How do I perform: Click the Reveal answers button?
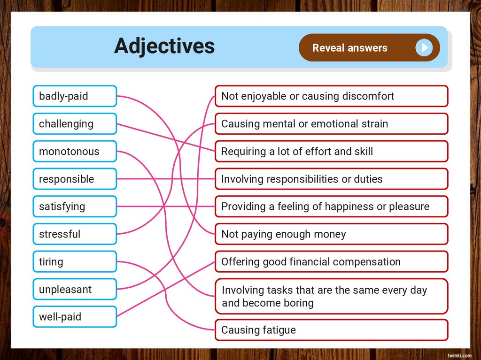(350, 48)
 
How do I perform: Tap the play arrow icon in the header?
(424, 47)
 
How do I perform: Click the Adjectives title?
(164, 46)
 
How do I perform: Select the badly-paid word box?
(75, 96)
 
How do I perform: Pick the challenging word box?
(75, 124)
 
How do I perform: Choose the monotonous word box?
(75, 152)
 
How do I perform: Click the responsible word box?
(75, 179)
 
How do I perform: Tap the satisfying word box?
(75, 207)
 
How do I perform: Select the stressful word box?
(75, 234)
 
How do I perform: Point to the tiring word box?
(75, 262)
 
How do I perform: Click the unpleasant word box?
(75, 290)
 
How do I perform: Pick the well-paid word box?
(75, 317)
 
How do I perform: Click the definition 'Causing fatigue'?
(331, 330)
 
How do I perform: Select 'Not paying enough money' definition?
(331, 234)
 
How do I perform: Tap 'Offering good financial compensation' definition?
(331, 262)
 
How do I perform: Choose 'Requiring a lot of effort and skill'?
(331, 152)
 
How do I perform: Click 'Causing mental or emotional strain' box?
(331, 124)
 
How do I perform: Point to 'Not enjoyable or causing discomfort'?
(331, 96)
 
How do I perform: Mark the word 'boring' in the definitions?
(298, 303)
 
